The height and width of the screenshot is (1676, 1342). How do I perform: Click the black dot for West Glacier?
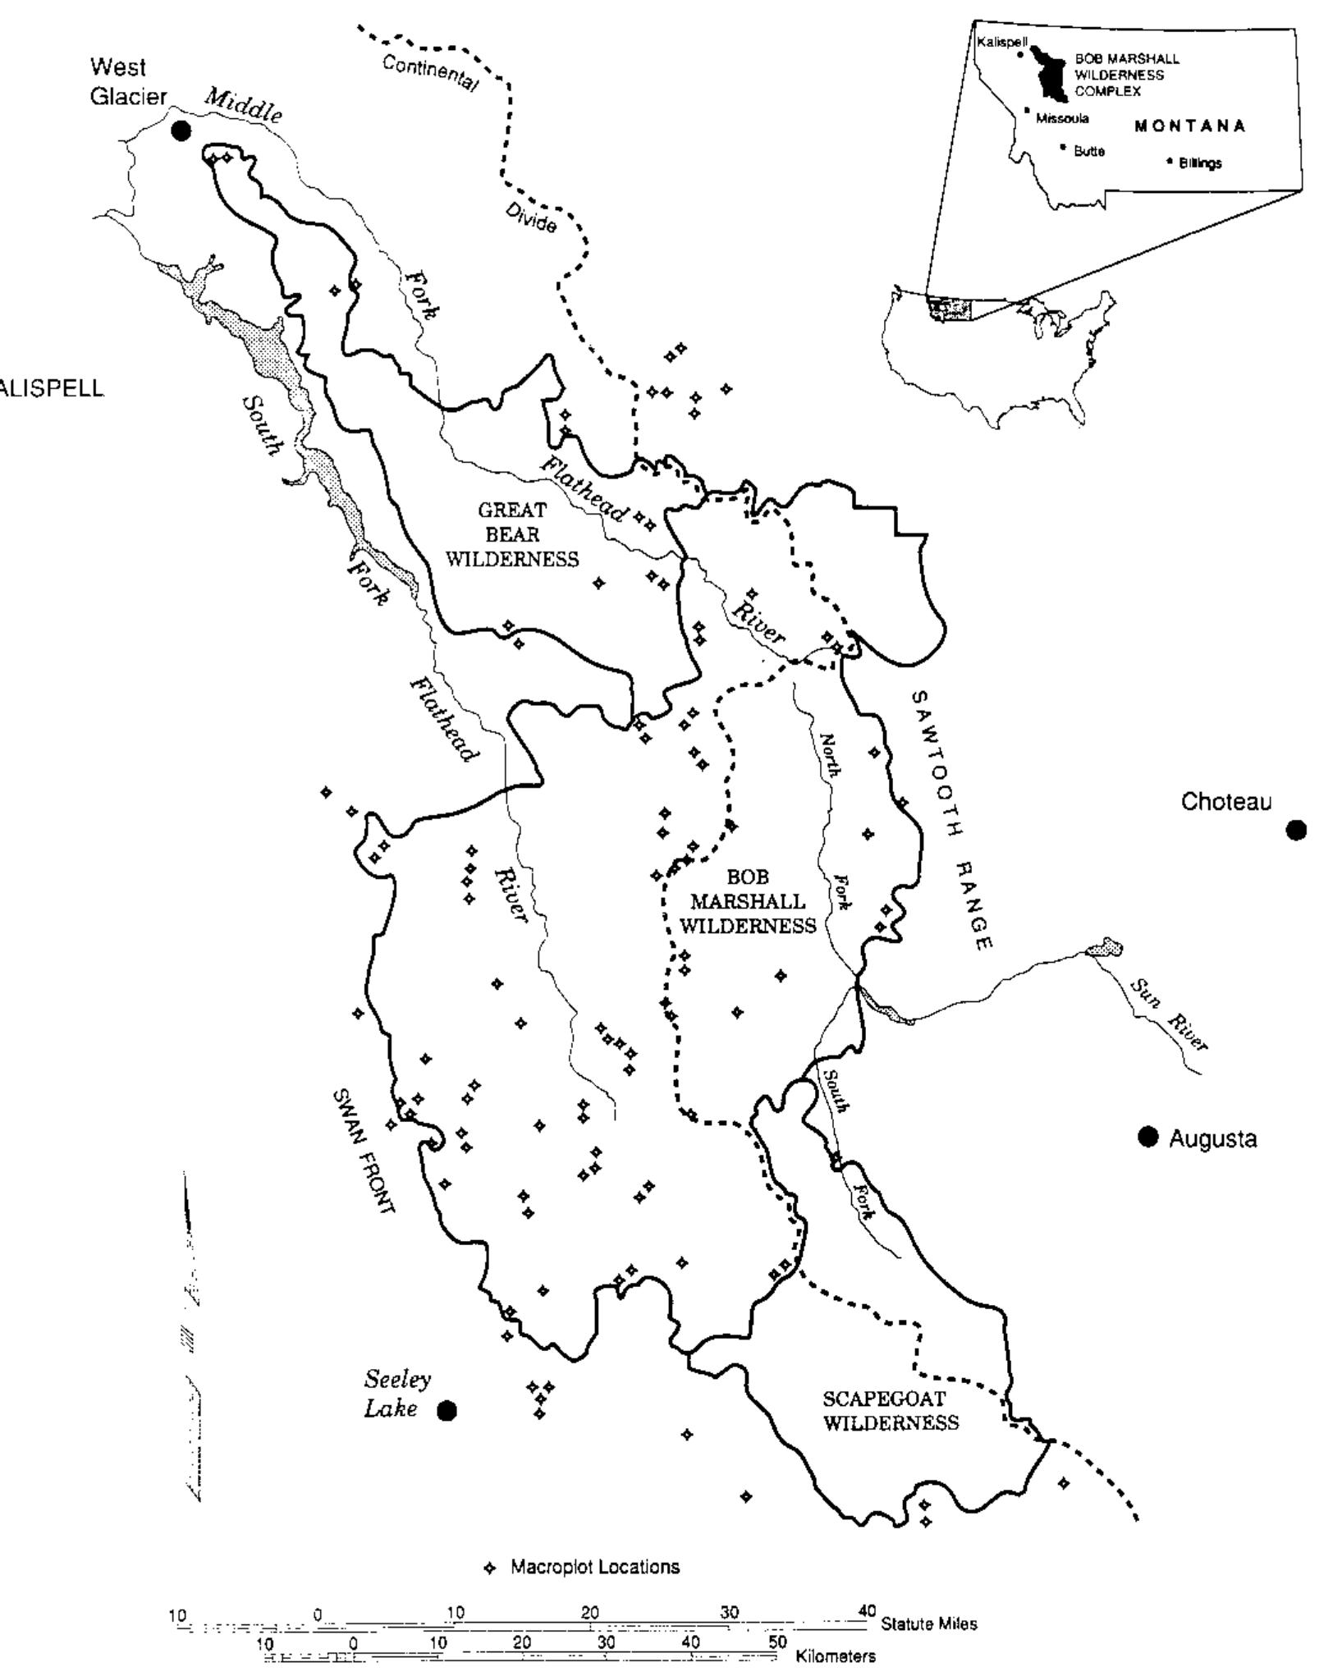(181, 131)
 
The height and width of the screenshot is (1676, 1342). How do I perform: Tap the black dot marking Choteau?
(1296, 831)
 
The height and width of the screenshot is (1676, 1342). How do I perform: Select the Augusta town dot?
(1147, 1137)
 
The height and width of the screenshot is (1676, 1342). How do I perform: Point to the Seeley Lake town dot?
(447, 1410)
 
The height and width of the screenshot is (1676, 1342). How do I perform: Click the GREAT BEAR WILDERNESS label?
(512, 534)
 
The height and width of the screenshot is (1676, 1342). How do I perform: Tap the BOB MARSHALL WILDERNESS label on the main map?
(748, 901)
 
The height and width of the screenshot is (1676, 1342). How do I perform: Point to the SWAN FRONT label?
(364, 1152)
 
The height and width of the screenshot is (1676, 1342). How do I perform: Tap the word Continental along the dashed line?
(429, 73)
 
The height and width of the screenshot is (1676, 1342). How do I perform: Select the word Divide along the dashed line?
(530, 218)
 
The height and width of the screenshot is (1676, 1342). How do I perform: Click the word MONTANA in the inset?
(1190, 126)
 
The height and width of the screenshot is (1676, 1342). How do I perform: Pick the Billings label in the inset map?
(1199, 163)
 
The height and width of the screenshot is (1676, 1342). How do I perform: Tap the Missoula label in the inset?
(1062, 118)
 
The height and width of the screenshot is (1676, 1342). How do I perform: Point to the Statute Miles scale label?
(928, 1623)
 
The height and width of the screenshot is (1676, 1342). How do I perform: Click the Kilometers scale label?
(836, 1656)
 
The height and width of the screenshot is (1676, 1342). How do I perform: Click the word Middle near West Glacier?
(243, 105)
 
